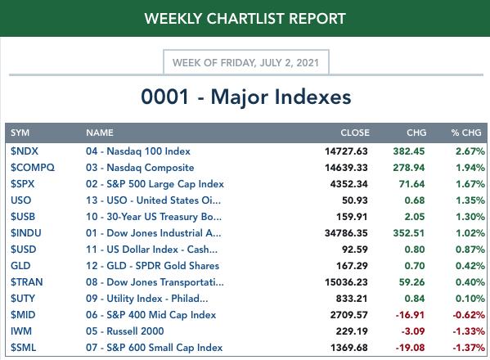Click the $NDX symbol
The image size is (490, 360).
(x=25, y=151)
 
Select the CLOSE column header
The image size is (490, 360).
(x=355, y=133)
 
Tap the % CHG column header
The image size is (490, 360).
(x=466, y=133)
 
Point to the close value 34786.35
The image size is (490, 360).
(x=346, y=233)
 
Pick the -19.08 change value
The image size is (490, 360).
(x=410, y=348)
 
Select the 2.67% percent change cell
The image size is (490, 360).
(x=470, y=151)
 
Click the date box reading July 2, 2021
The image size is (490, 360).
(x=246, y=62)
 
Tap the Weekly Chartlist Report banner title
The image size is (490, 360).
(x=245, y=19)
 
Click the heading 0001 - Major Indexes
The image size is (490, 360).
(x=246, y=97)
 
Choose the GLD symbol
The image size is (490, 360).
(x=20, y=266)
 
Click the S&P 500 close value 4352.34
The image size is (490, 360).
(x=348, y=184)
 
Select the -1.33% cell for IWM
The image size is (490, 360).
(x=469, y=331)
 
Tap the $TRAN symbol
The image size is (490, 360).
(x=26, y=282)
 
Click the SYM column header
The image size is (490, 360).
(x=20, y=133)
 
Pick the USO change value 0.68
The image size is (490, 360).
(x=415, y=200)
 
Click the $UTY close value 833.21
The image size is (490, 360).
(x=352, y=299)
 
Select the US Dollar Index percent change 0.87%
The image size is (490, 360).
(x=470, y=250)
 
